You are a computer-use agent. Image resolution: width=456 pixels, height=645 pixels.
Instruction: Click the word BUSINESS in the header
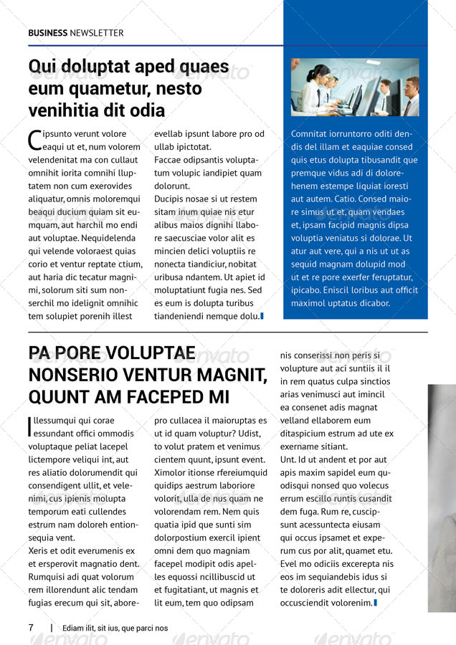click(x=47, y=33)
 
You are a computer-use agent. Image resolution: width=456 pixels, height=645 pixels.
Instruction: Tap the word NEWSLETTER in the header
click(x=97, y=33)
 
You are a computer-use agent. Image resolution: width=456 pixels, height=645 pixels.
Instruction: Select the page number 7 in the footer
click(x=31, y=628)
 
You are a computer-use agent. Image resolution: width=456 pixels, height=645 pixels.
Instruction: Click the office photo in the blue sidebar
click(x=355, y=87)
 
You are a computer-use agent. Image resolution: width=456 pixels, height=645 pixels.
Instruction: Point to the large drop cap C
click(x=34, y=139)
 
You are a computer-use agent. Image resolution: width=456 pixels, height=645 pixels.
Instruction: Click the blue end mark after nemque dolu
click(x=262, y=316)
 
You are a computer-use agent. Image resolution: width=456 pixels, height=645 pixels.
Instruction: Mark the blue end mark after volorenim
click(x=376, y=603)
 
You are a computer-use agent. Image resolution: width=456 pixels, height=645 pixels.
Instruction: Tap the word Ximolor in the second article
click(x=171, y=473)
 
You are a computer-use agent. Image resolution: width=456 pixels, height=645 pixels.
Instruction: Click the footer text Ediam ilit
click(x=80, y=629)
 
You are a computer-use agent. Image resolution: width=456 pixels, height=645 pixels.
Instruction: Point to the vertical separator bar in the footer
click(x=52, y=628)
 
